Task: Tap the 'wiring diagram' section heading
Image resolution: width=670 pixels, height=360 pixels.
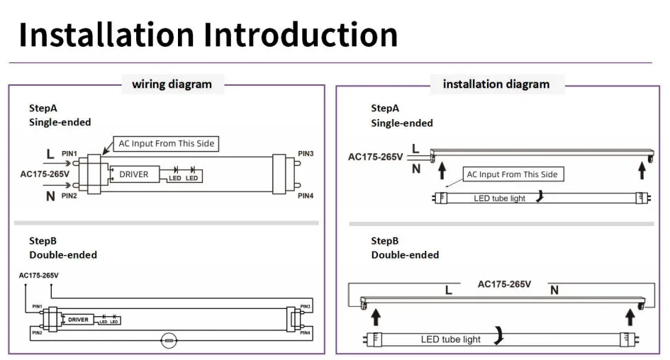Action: [x=172, y=84]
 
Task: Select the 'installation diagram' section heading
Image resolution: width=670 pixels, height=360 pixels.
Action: [x=496, y=84]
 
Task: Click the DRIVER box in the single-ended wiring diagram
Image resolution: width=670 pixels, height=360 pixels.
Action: [x=133, y=174]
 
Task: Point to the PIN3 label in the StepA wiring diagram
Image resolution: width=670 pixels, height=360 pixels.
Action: [x=306, y=154]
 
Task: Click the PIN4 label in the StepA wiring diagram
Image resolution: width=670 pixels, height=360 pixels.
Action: [x=306, y=196]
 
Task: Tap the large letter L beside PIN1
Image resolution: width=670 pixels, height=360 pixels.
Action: [x=50, y=154]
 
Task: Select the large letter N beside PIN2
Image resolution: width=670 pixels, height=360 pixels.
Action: [x=50, y=196]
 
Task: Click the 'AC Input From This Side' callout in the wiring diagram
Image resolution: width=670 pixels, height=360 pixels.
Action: [x=166, y=143]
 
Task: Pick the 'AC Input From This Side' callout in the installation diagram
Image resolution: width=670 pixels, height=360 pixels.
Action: [x=511, y=174]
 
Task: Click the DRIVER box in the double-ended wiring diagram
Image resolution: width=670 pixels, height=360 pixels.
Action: [x=78, y=320]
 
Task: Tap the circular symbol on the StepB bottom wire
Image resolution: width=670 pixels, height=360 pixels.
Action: [x=169, y=342]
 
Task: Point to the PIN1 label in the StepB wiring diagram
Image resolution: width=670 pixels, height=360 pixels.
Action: [x=37, y=307]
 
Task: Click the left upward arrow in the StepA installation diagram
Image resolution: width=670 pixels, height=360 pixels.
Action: [x=442, y=171]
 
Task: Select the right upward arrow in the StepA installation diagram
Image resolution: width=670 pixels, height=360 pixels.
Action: [x=642, y=171]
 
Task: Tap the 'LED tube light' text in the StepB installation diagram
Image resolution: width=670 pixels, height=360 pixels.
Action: [x=451, y=339]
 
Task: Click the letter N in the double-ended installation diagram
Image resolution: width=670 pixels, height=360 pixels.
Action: [x=554, y=290]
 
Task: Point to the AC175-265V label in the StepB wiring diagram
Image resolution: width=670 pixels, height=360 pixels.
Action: [x=39, y=275]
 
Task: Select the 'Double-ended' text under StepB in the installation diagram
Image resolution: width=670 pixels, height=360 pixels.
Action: [x=405, y=254]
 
